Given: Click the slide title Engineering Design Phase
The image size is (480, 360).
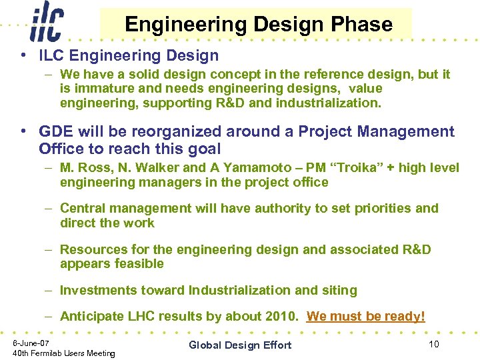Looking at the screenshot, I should click(x=258, y=25).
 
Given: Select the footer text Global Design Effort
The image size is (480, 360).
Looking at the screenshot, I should click(x=240, y=345).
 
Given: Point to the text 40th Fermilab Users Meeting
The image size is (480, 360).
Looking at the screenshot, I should click(x=64, y=353).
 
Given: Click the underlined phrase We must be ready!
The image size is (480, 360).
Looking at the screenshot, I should click(x=365, y=316).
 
